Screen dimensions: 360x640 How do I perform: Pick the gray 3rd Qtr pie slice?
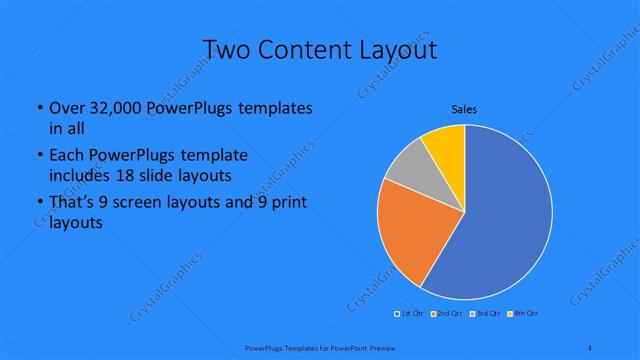pyautogui.click(x=408, y=170)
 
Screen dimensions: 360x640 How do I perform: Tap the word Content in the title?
pyautogui.click(x=316, y=50)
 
